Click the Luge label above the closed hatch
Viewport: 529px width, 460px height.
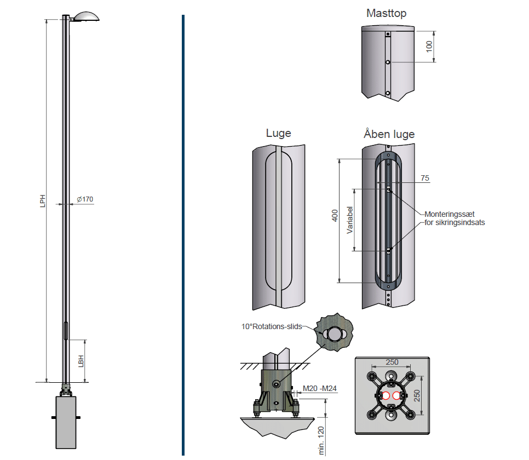coord(278,133)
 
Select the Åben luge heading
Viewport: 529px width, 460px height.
coord(389,134)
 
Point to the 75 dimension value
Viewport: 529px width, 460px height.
coord(425,178)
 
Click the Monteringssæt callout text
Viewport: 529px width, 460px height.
coord(454,214)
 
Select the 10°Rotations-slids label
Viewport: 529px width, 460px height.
coord(272,326)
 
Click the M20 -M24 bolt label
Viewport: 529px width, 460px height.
coord(319,389)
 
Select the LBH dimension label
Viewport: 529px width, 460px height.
coord(81,361)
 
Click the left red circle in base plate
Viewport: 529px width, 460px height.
coord(386,395)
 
